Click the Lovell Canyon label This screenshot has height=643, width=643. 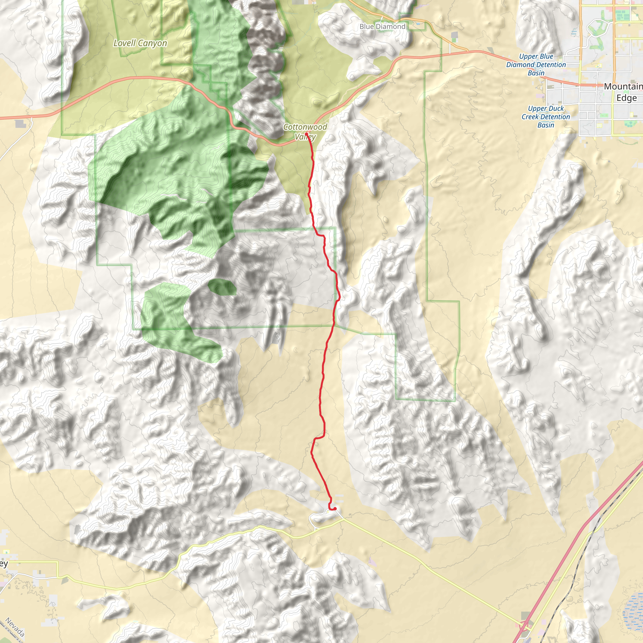(x=140, y=43)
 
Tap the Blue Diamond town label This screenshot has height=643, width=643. (x=382, y=27)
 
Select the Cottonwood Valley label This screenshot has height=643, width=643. (x=305, y=132)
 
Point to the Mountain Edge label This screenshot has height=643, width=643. (x=623, y=92)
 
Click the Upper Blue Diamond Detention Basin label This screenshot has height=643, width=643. (x=536, y=65)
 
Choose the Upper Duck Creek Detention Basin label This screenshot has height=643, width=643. (x=545, y=117)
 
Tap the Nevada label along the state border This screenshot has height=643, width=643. (x=15, y=627)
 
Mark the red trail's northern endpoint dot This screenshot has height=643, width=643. (x=306, y=134)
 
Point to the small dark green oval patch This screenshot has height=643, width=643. (x=222, y=287)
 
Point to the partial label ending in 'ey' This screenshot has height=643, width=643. (x=3, y=564)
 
